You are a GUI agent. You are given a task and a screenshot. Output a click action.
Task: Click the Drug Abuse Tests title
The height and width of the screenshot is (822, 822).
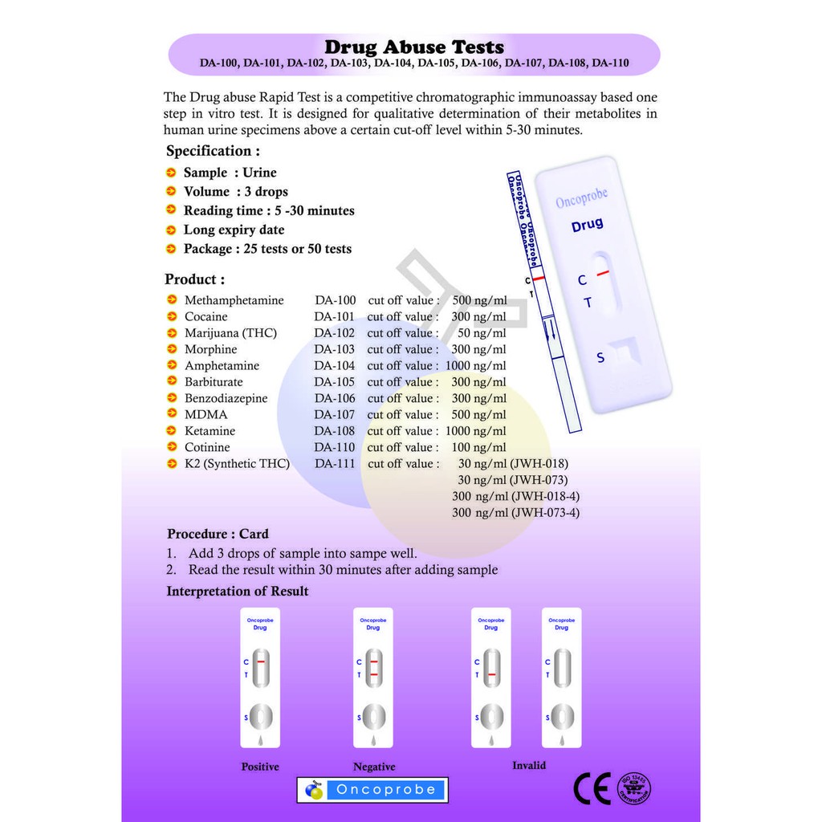(414, 47)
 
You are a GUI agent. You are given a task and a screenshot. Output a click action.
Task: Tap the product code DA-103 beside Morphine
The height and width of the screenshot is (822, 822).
(334, 349)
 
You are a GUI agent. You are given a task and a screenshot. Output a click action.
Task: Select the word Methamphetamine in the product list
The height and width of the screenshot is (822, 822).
(234, 300)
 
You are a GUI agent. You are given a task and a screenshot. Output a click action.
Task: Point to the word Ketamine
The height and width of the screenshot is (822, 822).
(210, 431)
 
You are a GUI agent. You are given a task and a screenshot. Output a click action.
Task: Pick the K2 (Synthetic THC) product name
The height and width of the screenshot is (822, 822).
(237, 464)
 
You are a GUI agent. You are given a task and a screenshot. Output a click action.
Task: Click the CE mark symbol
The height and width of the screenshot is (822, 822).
(592, 789)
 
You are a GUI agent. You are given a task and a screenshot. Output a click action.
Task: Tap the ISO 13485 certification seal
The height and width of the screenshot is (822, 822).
(633, 788)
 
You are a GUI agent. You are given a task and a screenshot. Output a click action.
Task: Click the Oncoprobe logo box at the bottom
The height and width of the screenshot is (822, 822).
(372, 790)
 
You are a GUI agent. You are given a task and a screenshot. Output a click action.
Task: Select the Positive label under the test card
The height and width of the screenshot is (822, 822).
(260, 767)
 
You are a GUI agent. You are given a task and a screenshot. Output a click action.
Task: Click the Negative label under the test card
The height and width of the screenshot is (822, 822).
(374, 767)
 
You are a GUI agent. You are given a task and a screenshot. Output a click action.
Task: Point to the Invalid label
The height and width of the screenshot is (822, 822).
(529, 766)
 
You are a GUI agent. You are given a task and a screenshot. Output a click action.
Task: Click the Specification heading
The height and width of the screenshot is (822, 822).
(213, 151)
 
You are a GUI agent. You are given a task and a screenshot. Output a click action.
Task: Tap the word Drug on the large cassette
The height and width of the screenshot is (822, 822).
(587, 226)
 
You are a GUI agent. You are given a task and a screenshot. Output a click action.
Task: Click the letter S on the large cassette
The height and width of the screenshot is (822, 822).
(600, 358)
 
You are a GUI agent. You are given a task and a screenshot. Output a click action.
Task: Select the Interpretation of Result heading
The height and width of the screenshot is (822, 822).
(238, 592)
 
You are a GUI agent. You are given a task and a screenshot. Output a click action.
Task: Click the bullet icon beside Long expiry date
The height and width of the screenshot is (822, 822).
(171, 230)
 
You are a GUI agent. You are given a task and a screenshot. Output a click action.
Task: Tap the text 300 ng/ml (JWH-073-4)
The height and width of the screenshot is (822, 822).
(515, 513)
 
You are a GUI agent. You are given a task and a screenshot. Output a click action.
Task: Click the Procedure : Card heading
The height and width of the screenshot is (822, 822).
(218, 534)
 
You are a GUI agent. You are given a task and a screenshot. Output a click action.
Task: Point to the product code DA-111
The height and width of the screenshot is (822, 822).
(334, 464)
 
